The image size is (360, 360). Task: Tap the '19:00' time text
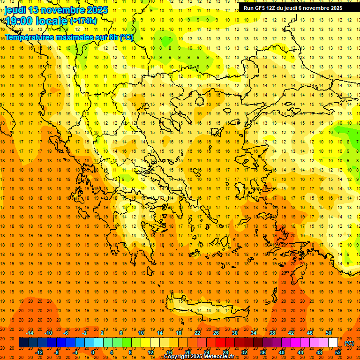tap(19, 21)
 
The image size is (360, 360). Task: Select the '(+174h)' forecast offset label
tap(83, 21)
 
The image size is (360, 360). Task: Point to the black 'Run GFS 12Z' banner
tap(292, 7)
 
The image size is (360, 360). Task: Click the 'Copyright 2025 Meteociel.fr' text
tap(199, 357)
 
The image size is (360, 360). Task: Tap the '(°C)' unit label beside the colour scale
tap(349, 343)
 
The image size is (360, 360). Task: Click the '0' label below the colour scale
tap(92, 352)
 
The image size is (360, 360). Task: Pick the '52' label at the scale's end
tap(338, 352)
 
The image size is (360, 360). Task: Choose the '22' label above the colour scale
tap(197, 333)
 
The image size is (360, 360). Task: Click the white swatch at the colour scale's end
tap(333, 343)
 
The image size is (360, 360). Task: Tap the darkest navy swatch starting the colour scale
tap(23, 343)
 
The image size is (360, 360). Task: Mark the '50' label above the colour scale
tap(329, 333)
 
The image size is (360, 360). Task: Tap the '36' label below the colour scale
tap(263, 352)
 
